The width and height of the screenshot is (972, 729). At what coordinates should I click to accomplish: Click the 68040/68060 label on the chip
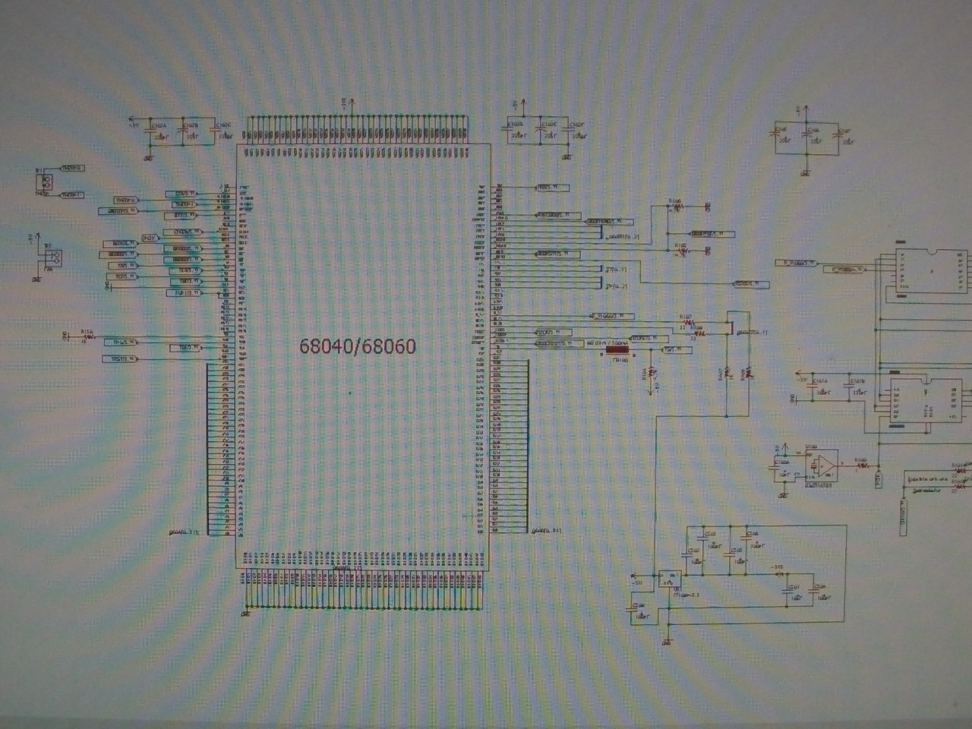(x=358, y=346)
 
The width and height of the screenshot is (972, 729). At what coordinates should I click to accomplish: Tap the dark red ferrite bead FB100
(x=617, y=350)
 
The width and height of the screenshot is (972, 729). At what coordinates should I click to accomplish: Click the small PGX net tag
(x=150, y=238)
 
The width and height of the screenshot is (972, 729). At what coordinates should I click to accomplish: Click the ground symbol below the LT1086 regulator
(x=667, y=642)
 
